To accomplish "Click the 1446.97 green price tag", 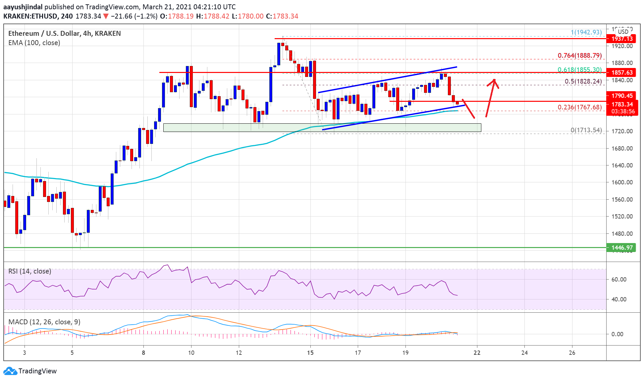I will point(622,247).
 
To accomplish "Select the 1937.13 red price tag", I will point(622,38).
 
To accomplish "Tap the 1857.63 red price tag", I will point(622,72).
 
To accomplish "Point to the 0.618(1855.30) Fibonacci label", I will point(579,70).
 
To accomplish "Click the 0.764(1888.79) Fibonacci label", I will point(579,55).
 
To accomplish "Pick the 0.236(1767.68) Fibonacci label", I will point(579,107).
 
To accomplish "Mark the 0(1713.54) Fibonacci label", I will point(586,130).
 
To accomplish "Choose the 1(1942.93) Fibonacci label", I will point(586,32).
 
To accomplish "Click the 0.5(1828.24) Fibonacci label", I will point(583,81).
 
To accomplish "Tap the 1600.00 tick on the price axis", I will point(622,182).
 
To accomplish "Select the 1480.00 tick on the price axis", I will point(622,233).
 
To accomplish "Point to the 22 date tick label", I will point(477,352).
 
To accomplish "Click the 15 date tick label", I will point(310,352).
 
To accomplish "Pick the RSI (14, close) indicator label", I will point(30,271).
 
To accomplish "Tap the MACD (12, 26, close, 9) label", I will point(44,322).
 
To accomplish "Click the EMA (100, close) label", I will point(34,43).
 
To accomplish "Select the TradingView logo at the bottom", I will point(30,371).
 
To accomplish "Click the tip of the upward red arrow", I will point(494,79).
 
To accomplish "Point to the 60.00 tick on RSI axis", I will point(618,279).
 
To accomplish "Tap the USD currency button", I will point(623,32).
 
